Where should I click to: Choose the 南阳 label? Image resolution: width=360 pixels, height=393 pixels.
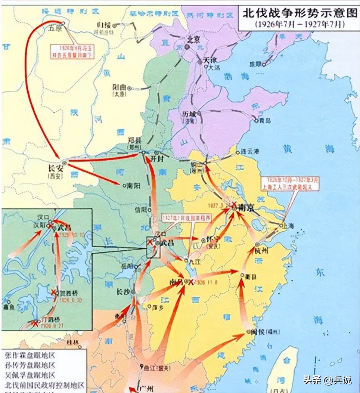pyautogui.click(x=133, y=185)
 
